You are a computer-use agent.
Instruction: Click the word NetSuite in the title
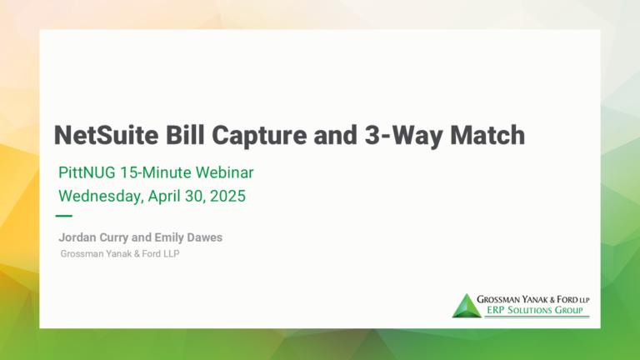tap(107, 135)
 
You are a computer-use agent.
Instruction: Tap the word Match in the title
tap(487, 135)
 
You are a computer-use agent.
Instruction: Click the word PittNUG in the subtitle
tap(87, 172)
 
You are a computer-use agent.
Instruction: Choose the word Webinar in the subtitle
tap(224, 172)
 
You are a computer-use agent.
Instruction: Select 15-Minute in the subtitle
tap(156, 172)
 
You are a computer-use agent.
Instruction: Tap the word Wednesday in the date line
tap(101, 197)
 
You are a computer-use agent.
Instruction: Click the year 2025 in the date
tap(227, 196)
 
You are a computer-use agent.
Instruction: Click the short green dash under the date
tap(63, 216)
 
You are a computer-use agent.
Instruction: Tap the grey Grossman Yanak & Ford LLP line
tap(120, 254)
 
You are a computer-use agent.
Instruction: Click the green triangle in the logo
tap(467, 306)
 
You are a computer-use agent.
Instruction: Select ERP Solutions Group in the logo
tap(535, 310)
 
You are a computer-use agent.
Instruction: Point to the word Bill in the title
tap(185, 135)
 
